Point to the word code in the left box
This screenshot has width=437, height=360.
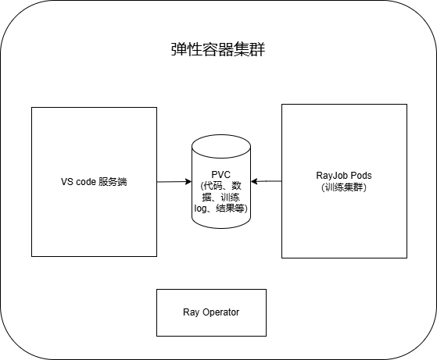[87, 182]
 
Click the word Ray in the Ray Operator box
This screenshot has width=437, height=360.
[192, 312]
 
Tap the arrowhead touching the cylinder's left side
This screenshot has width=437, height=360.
[188, 181]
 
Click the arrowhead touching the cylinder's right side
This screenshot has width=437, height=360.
[256, 181]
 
